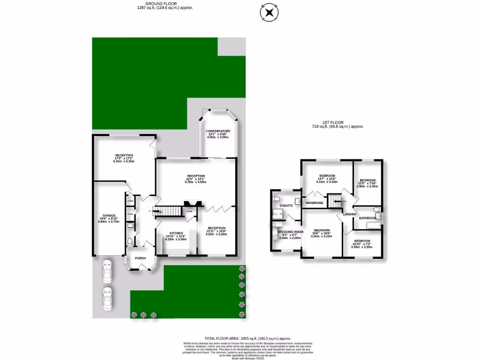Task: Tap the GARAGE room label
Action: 103,216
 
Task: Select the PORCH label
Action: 140,258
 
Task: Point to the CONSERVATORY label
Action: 219,131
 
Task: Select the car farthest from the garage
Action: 107,297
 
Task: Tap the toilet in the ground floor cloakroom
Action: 130,242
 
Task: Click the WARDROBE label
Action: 315,203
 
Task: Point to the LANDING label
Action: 350,214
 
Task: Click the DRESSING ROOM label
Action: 290,232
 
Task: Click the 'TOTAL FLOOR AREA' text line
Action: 248,338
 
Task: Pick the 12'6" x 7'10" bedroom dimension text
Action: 367,183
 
